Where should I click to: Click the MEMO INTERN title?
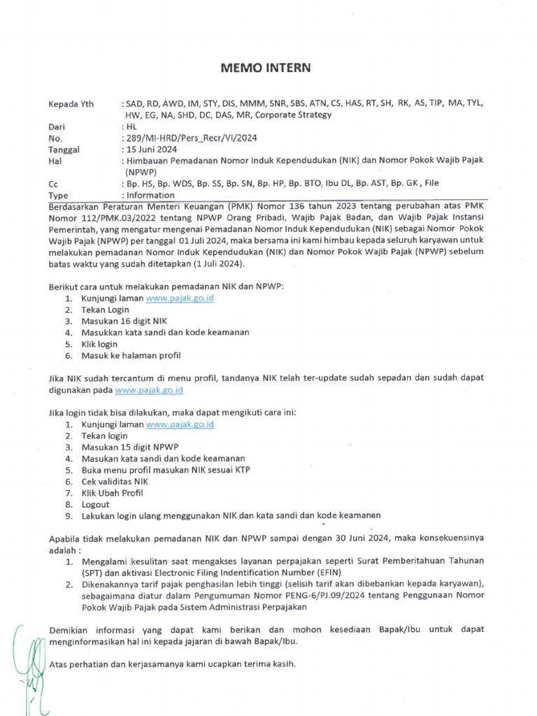[266, 68]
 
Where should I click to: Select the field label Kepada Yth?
[71, 103]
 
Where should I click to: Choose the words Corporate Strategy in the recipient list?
[294, 115]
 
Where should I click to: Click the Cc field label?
[53, 184]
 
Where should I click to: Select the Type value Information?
[150, 196]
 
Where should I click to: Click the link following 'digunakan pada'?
[149, 389]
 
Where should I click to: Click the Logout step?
[96, 503]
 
